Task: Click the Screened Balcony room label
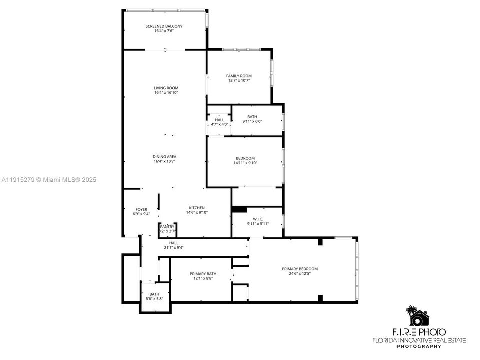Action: [164, 26]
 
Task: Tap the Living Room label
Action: [166, 88]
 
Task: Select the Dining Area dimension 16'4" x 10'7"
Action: [164, 161]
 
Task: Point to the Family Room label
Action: [239, 76]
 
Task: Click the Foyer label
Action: [141, 209]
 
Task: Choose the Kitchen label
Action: [196, 208]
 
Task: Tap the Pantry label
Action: [167, 226]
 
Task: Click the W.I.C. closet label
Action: [258, 218]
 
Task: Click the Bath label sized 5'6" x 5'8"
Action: [154, 294]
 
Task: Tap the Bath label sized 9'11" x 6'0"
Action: [252, 117]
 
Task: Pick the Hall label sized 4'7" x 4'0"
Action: [219, 120]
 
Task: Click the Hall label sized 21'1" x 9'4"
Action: [173, 243]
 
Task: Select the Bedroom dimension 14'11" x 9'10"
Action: [245, 163]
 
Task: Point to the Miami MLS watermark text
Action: [49, 180]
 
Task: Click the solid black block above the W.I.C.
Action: [240, 210]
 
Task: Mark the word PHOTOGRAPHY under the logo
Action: [419, 346]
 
